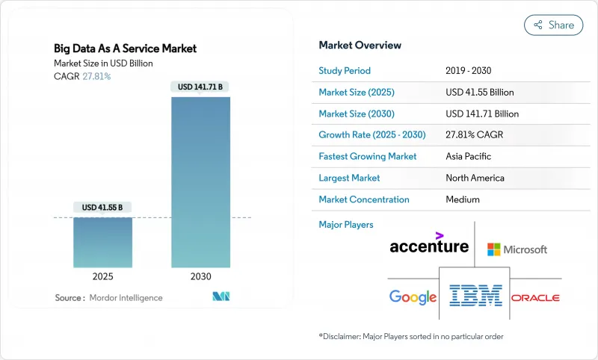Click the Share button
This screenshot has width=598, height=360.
coord(553,25)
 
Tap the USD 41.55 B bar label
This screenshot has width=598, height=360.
coord(104,207)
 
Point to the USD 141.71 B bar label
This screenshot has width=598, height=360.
coord(200,87)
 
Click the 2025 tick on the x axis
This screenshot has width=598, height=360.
coord(104,276)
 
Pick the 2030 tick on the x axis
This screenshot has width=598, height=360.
coord(200,276)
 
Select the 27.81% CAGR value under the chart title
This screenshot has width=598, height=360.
coord(96,76)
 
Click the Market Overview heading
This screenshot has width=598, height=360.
coord(360,46)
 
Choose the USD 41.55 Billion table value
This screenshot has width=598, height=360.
coord(479,93)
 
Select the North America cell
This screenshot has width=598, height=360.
coord(474,178)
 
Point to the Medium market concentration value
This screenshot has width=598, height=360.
coord(462,199)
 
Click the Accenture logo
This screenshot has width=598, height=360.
coord(429,243)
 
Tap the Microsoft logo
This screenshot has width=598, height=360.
coord(517,249)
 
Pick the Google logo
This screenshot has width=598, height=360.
coord(413,297)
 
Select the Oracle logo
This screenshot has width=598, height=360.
coord(535,297)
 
